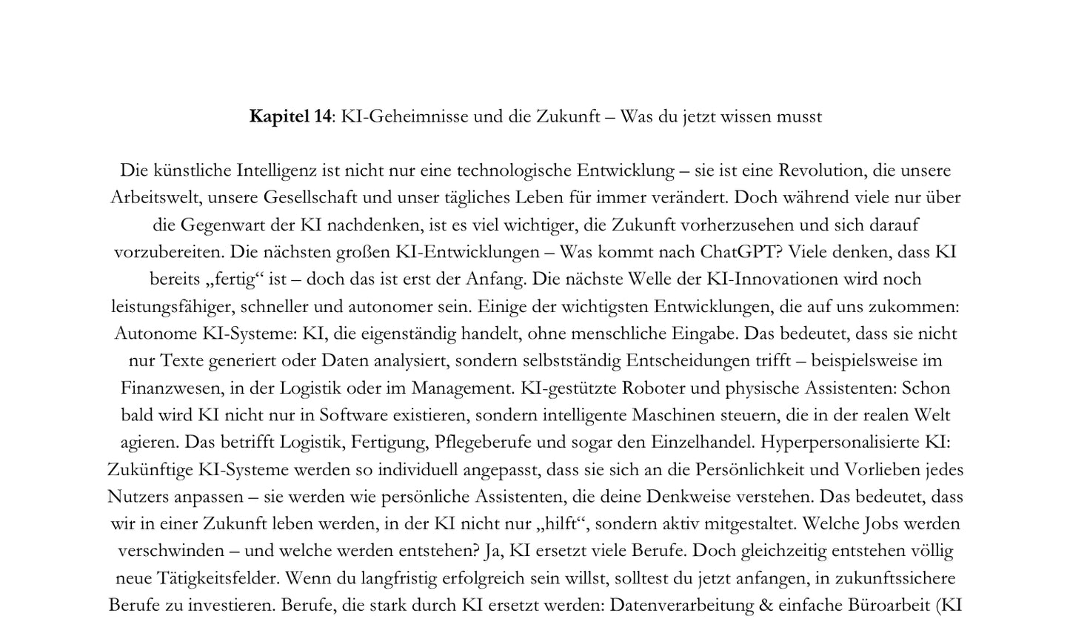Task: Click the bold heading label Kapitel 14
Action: pos(290,116)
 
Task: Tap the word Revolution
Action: pos(820,171)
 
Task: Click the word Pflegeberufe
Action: pos(483,443)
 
